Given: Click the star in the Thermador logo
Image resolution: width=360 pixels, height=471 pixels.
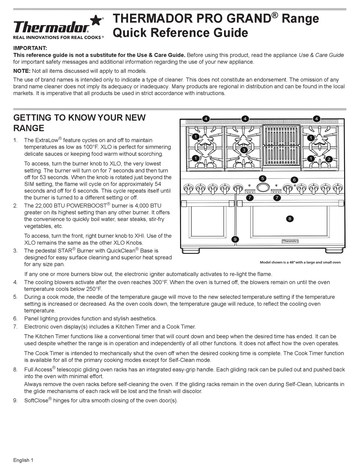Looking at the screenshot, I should pos(97,21).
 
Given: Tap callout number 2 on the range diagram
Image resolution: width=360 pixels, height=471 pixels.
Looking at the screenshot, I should pos(329,159).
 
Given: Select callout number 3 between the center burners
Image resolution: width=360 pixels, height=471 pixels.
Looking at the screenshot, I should pos(244,150).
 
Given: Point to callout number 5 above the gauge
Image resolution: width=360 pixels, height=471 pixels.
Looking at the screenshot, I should pos(262,179).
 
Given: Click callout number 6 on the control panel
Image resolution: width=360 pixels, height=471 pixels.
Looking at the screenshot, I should pos(294,180).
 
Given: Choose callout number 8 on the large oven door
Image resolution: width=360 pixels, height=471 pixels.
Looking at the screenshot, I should pos(290,218).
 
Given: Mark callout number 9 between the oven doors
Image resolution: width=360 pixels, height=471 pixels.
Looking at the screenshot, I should pos(235,239).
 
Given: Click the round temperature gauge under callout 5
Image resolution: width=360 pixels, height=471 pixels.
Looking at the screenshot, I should pos(263,188).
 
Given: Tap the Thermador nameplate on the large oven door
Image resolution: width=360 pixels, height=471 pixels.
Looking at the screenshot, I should pos(290,241).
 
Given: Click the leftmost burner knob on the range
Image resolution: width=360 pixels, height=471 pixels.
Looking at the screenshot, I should pos(188,188).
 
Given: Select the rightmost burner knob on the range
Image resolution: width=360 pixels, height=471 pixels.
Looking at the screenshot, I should pos(338,188).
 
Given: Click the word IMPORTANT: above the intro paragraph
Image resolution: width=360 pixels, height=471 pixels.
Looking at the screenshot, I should pos(30,48).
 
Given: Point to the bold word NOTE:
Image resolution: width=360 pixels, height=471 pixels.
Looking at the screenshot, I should pos(22,71).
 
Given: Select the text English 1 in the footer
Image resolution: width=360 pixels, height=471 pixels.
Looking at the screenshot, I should pos(23,460).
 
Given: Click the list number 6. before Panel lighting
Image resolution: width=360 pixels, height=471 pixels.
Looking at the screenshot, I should pos(16,319).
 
